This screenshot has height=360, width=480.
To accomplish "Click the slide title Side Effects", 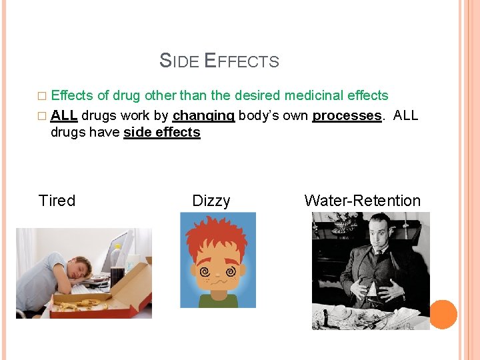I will [x=219, y=61].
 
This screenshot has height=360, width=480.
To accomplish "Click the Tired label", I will [x=57, y=201].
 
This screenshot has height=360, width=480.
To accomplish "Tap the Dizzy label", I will [x=211, y=201].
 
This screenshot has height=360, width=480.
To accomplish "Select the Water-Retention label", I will [x=362, y=201].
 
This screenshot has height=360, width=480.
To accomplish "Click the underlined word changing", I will [x=203, y=115].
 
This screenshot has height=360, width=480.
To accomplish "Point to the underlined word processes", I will [x=347, y=115].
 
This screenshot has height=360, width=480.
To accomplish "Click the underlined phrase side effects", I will [x=162, y=132].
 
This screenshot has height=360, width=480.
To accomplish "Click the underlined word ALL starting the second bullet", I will [x=64, y=115].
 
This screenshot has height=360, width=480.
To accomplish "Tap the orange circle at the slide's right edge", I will [x=443, y=315].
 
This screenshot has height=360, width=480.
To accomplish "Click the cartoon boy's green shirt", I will [x=218, y=301].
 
